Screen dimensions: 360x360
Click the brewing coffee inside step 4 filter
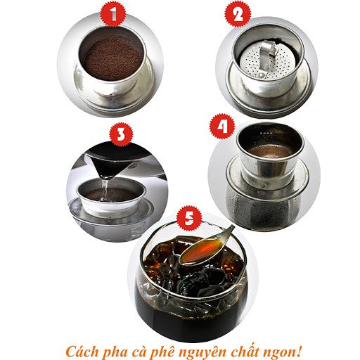269,150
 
